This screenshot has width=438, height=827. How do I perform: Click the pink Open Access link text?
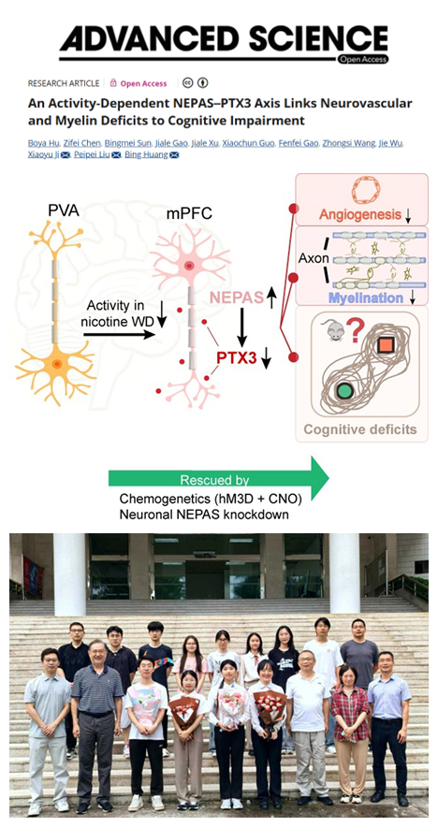[143, 83]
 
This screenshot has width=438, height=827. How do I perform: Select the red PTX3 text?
[236, 358]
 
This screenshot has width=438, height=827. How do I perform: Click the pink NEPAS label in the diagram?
[237, 298]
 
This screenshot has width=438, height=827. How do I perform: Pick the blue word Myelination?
[366, 298]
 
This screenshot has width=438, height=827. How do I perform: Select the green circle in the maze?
[344, 391]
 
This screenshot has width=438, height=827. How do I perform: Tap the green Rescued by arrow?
[218, 479]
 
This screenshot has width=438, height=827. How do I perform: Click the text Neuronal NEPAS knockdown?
[204, 515]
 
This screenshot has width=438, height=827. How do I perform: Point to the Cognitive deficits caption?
[360, 428]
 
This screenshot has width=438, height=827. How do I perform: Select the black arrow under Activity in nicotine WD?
[119, 334]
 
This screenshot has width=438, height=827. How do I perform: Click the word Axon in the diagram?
[314, 258]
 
